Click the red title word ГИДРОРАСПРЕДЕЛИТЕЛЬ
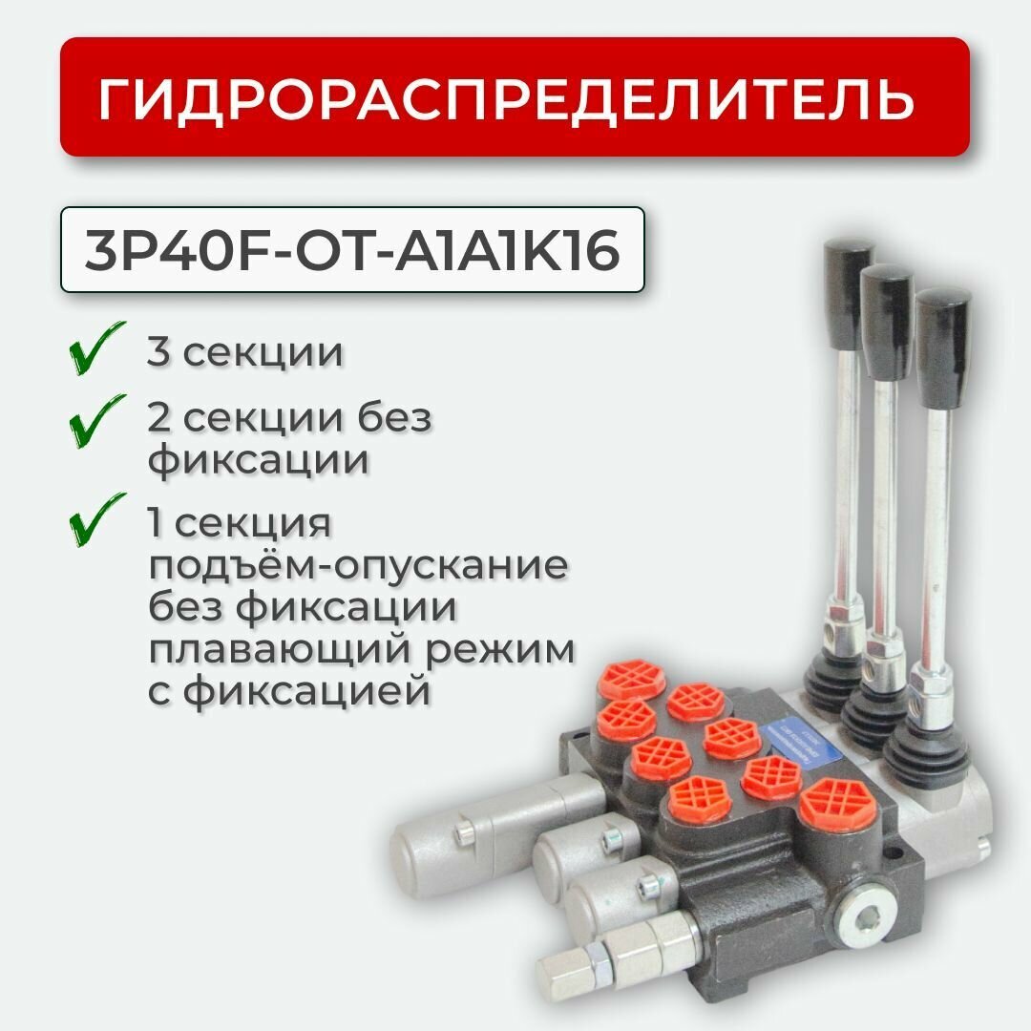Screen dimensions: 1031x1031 coord(506,98)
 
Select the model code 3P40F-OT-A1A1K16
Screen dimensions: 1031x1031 coord(352,250)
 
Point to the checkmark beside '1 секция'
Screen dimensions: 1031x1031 coord(97,520)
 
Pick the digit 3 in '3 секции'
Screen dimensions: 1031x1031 coord(158,352)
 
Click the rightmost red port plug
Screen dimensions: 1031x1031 coord(826,805)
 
